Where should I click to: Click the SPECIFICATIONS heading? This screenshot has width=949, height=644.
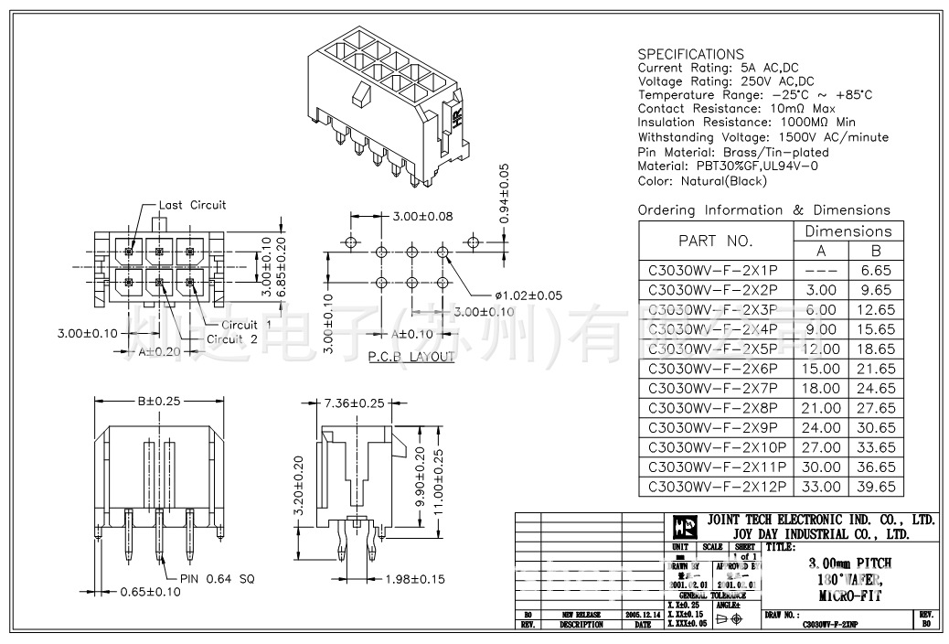690,54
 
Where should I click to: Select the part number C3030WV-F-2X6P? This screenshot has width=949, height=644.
712,368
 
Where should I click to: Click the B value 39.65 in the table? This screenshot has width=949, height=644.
875,488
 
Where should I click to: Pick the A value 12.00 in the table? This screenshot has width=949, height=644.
820,349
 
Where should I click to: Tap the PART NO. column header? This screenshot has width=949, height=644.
715,241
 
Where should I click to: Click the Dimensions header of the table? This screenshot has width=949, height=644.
848,231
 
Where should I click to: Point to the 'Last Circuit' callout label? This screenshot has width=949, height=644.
192,205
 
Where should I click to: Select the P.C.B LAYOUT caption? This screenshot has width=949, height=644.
411,356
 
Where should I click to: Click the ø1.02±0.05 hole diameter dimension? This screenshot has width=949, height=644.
528,295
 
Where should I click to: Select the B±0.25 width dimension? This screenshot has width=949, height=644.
158,401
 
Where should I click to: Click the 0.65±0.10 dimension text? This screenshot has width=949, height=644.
152,592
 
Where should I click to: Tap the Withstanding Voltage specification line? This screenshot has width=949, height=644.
762,137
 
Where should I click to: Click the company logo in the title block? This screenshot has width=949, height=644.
684,526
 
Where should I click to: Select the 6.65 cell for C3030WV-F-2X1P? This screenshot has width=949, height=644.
875,270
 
